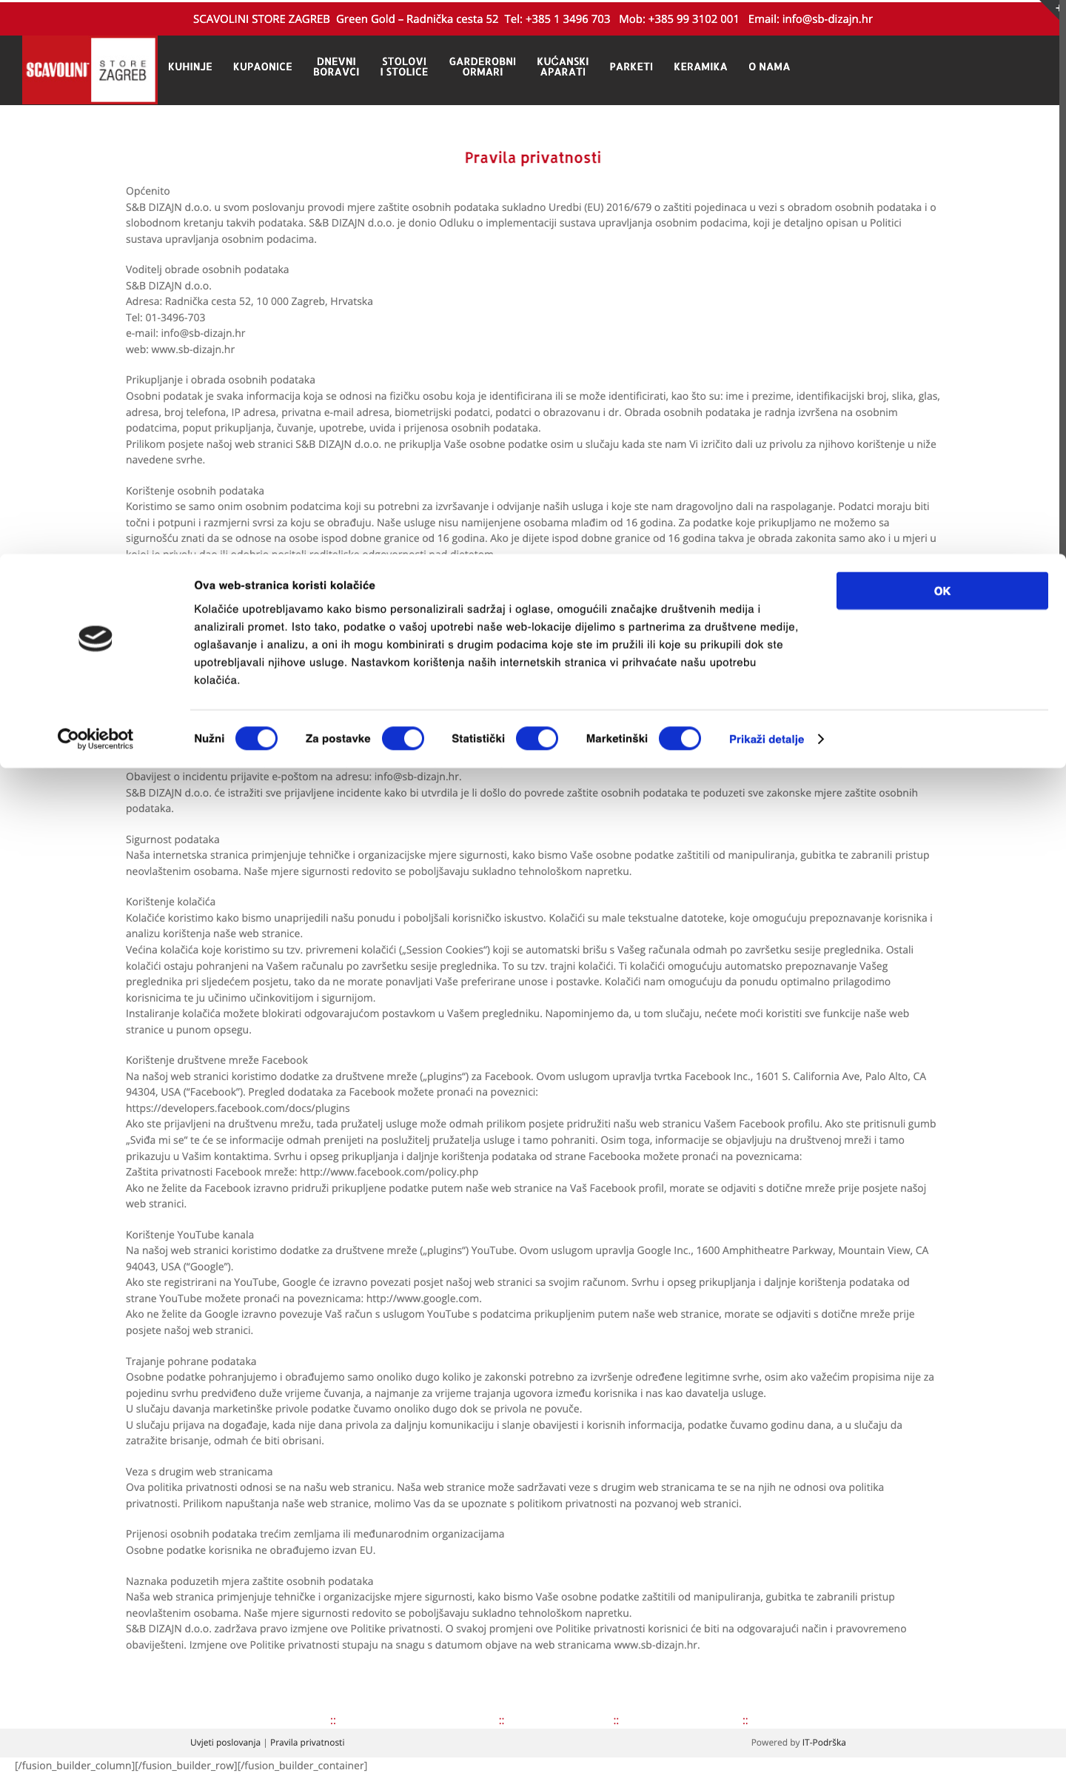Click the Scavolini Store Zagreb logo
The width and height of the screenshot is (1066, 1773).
[89, 70]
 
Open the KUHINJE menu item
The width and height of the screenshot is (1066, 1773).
[190, 67]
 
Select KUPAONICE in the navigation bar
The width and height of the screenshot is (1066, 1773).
[263, 67]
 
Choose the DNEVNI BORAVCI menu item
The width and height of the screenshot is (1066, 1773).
[336, 67]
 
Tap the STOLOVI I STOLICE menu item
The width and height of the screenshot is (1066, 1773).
[404, 67]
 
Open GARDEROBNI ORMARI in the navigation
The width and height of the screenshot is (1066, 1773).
[483, 67]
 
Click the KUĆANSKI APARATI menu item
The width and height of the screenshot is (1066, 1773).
[563, 67]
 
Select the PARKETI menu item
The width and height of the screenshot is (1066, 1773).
[631, 67]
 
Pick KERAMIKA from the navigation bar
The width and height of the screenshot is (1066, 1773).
[700, 67]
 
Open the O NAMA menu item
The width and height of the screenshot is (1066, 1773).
[769, 67]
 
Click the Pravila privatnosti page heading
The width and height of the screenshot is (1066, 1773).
[533, 158]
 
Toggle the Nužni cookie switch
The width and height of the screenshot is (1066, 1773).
[256, 739]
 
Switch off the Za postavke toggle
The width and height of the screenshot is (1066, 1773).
[403, 739]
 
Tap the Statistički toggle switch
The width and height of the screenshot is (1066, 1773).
[537, 739]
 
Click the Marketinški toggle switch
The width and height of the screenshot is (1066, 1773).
[680, 739]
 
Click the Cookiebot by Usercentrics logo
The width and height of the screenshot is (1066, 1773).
[95, 738]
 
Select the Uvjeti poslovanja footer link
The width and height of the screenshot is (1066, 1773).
[225, 1743]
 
